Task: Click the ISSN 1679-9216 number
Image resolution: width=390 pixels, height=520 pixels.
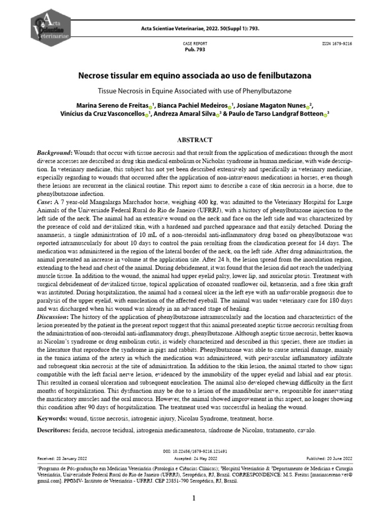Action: [x=337, y=44]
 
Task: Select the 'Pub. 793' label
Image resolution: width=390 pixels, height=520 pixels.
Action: [x=194, y=50]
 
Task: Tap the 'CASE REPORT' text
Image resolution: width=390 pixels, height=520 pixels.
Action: [x=194, y=44]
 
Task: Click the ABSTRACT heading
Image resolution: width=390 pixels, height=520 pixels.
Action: [x=194, y=140]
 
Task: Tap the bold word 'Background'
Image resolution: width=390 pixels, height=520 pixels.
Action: [x=55, y=153]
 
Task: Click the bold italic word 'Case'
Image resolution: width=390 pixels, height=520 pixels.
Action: [x=45, y=202]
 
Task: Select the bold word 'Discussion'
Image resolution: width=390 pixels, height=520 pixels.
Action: [x=53, y=317]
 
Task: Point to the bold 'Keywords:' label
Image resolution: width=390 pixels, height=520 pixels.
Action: [x=52, y=418]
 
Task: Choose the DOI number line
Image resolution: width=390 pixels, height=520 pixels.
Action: [x=194, y=451]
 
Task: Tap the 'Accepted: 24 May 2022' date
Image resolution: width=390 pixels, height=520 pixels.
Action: [x=194, y=458]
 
